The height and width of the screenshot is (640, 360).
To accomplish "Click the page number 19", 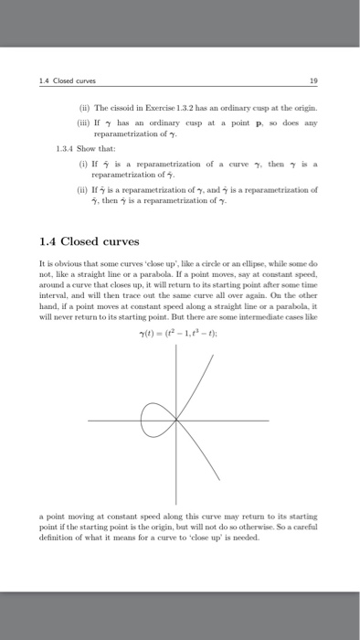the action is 314,80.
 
